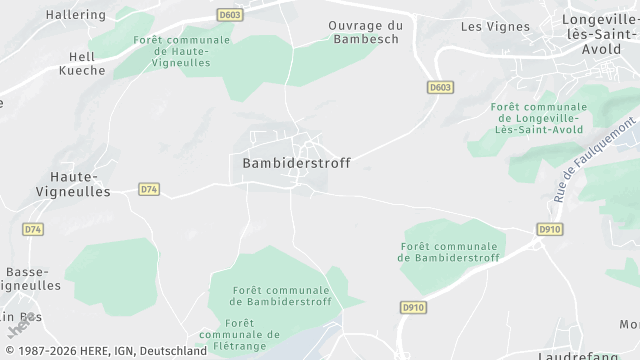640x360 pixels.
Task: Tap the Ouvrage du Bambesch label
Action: click(364, 32)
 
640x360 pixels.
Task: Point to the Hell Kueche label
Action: click(83, 65)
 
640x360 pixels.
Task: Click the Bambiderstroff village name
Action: click(296, 162)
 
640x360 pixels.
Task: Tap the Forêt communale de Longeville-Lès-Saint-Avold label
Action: click(538, 118)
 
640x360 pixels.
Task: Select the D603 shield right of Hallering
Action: click(230, 14)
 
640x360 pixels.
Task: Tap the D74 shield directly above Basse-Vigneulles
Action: click(34, 229)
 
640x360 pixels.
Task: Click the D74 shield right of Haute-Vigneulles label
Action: click(149, 188)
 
